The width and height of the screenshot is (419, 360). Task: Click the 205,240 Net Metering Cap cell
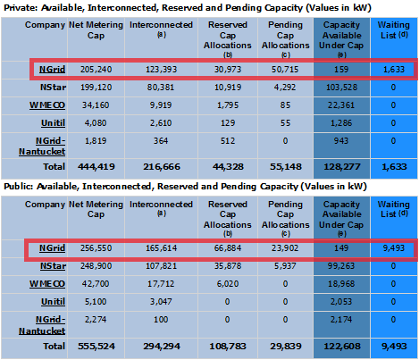point(96,70)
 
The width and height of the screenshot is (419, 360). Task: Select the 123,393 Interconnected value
point(161,70)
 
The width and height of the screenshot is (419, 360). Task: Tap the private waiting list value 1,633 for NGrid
point(394,70)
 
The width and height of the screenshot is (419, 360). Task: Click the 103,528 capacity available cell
point(341,88)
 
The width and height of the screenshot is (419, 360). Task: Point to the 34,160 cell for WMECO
point(96,105)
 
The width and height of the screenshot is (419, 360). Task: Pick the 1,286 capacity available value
point(341,123)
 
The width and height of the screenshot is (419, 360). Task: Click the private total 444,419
point(96,167)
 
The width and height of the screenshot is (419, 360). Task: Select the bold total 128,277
point(342,167)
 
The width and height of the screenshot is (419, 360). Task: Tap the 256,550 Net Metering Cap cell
point(96,248)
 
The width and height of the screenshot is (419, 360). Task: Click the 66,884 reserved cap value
point(228,248)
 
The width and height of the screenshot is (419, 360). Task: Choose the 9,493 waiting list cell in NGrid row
point(394,248)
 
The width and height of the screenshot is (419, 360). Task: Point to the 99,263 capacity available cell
point(341,266)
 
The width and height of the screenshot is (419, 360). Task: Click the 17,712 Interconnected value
point(161,284)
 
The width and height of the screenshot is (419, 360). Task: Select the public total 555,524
point(96,347)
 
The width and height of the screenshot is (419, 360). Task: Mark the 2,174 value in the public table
point(341,320)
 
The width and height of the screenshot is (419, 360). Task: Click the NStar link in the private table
point(53,88)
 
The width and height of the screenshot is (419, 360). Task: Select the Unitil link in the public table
point(53,302)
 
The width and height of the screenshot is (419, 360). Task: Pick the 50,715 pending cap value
point(285,70)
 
